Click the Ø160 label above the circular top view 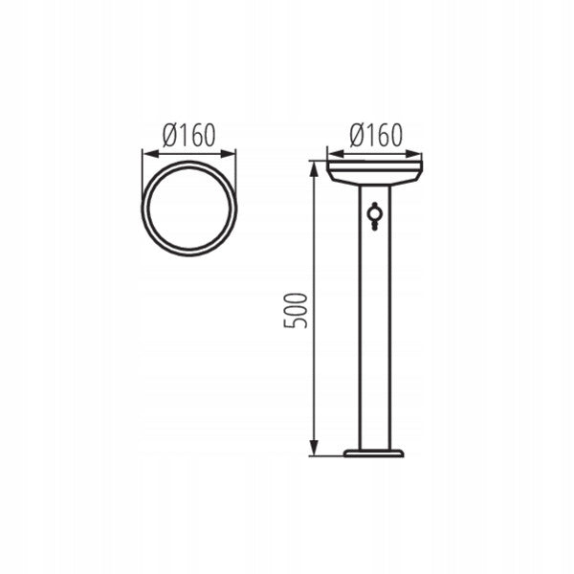188,135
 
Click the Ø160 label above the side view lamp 376,135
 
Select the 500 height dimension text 295,310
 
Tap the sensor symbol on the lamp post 374,216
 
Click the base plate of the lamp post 374,453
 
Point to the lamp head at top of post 375,173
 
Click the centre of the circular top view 188,209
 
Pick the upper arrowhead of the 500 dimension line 314,169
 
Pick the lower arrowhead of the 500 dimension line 314,448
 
